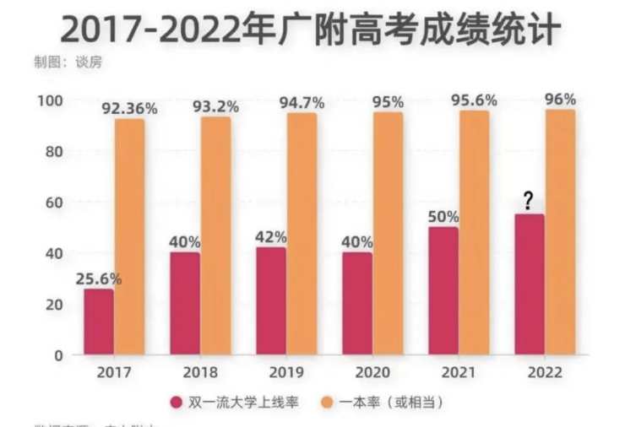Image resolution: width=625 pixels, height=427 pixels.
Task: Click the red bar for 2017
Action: [x=99, y=322]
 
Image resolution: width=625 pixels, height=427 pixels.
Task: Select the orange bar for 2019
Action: [x=302, y=234]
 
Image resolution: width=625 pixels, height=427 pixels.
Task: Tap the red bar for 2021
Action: [x=443, y=291]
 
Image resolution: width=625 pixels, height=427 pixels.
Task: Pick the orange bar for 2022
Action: [x=560, y=232]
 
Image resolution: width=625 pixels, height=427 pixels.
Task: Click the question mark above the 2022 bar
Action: [x=528, y=201]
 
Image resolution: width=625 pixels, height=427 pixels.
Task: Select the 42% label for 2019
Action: [x=271, y=237]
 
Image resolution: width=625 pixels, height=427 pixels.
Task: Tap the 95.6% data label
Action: [x=473, y=100]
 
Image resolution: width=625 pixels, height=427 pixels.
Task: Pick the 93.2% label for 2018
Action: [x=216, y=106]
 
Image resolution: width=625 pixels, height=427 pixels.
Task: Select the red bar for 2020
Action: [x=357, y=304]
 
